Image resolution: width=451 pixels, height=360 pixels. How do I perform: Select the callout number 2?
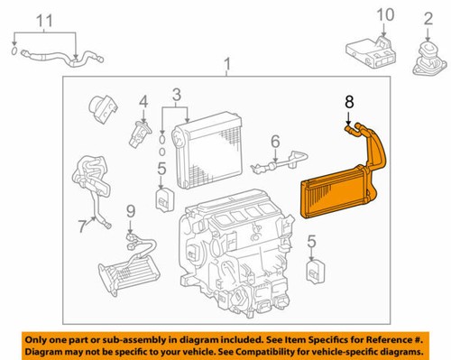pos(428,17)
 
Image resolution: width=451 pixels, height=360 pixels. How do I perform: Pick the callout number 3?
pos(176,94)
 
